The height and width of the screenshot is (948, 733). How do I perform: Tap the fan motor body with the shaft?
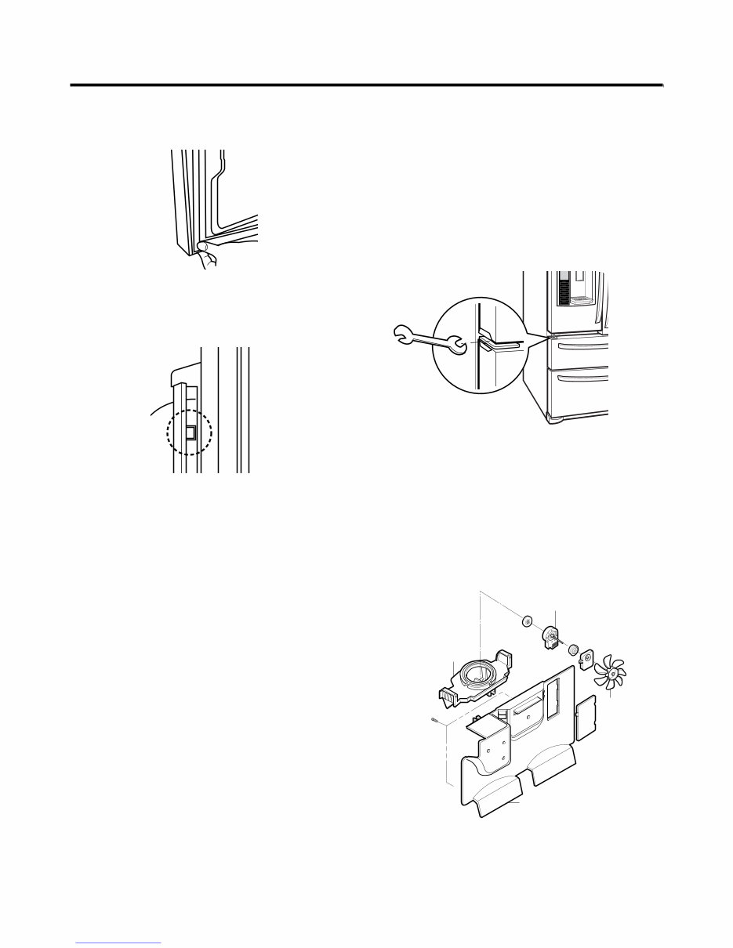click(552, 637)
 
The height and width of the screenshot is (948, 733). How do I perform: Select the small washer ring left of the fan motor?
click(527, 623)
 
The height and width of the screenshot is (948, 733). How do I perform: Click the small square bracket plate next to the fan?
click(586, 663)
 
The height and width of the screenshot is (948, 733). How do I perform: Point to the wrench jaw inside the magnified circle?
click(456, 344)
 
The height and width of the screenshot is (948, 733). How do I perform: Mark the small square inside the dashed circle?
click(190, 432)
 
